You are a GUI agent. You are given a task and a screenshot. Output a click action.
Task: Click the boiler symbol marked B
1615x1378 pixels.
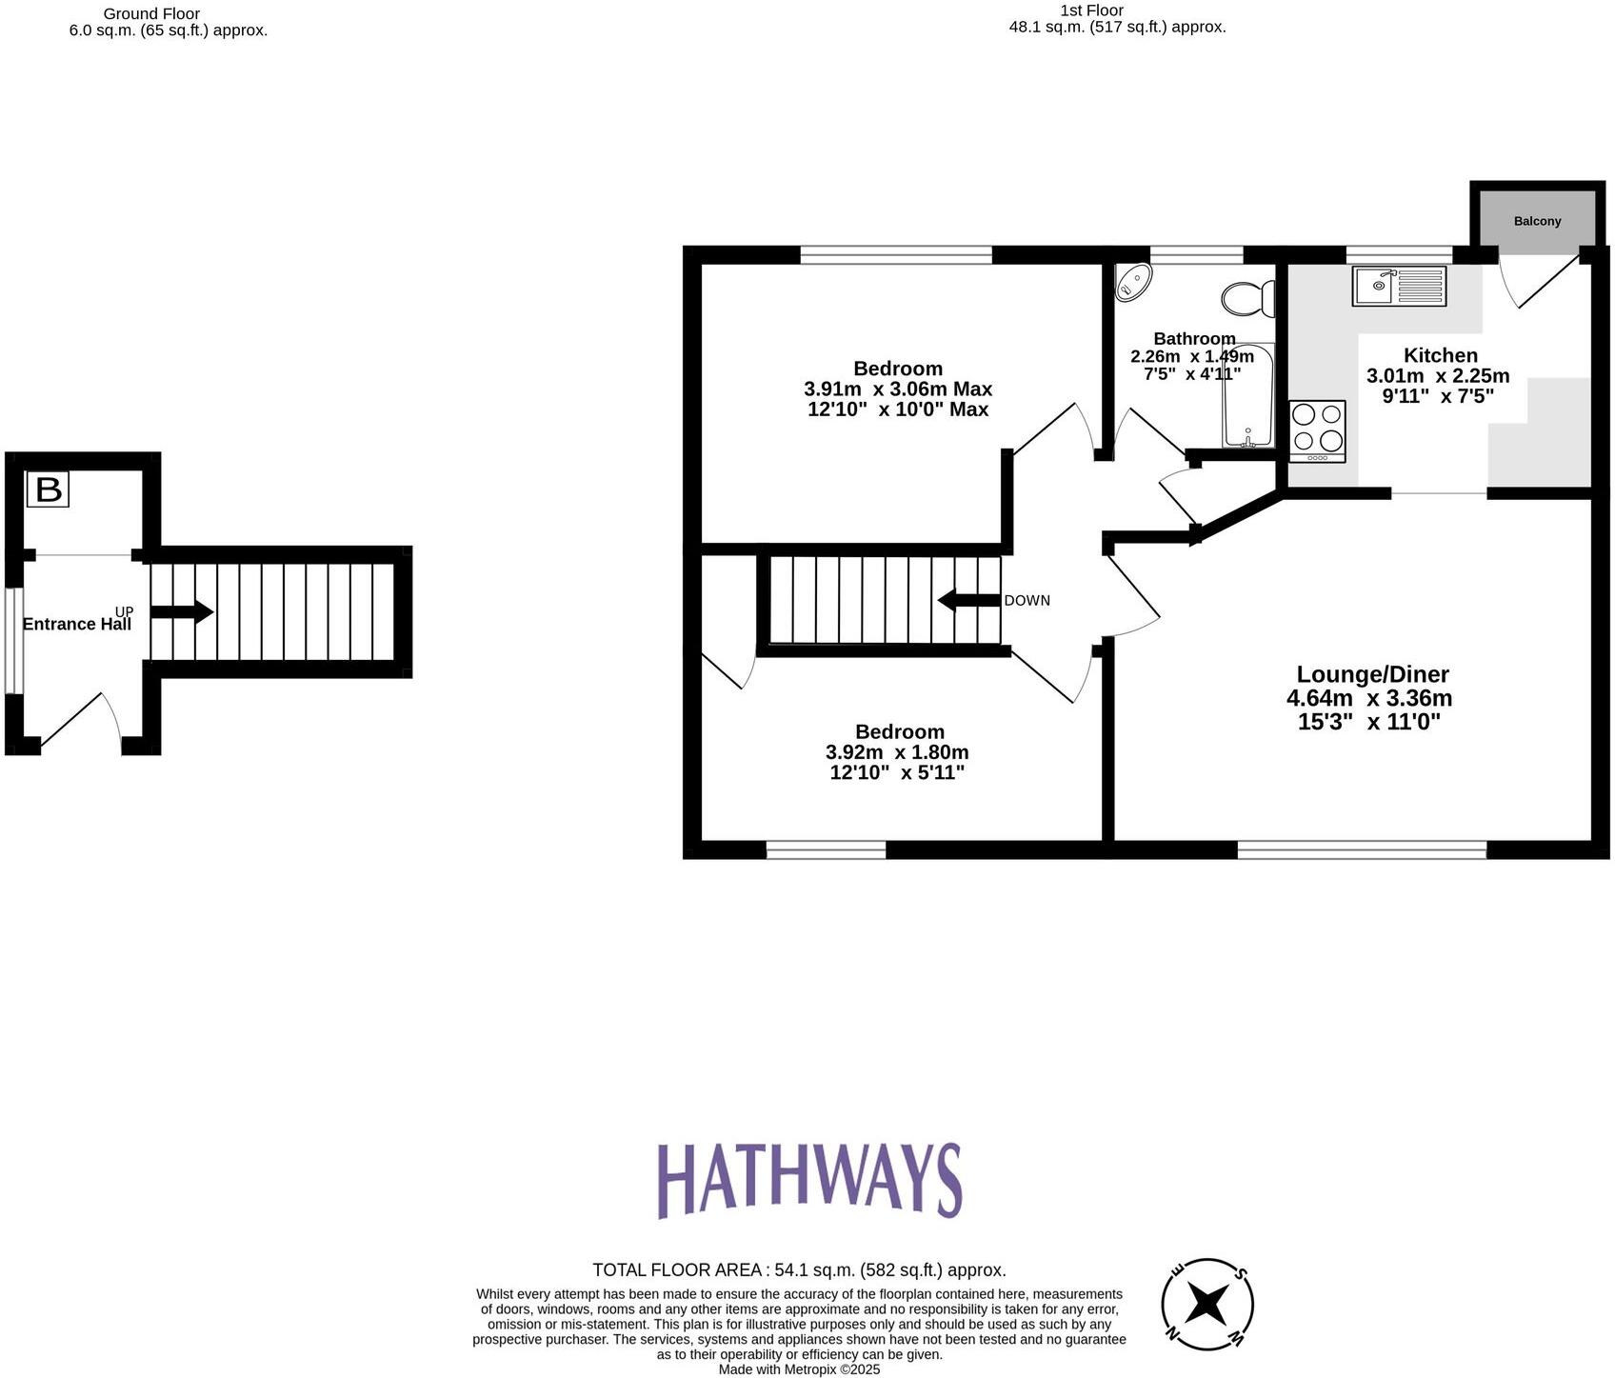[48, 489]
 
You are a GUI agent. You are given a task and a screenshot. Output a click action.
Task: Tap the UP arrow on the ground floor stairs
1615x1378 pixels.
[181, 612]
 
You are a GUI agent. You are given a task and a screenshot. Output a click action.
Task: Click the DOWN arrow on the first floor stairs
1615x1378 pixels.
[969, 601]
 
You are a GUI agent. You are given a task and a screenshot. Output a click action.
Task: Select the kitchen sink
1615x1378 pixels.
[1398, 286]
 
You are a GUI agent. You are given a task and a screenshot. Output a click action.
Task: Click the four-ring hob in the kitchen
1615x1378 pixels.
[1318, 429]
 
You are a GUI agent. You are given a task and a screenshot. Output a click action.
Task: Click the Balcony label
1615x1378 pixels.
[1537, 221]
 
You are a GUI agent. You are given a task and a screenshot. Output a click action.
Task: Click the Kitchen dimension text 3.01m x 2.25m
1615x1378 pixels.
[1438, 375]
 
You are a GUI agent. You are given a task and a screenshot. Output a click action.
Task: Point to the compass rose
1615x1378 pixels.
[1207, 1304]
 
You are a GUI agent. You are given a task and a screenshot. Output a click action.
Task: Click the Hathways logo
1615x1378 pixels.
[808, 1180]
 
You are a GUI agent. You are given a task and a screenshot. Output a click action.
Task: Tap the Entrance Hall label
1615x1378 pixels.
[76, 625]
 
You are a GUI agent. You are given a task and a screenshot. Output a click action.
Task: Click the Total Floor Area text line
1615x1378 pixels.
[799, 1269]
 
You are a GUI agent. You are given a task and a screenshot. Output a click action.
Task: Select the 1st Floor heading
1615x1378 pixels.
[1091, 10]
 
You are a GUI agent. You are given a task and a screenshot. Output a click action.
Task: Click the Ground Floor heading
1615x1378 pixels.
[151, 13]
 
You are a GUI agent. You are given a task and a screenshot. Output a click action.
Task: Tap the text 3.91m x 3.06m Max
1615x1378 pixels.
[898, 389]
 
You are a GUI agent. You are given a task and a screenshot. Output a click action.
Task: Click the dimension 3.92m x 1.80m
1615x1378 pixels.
[897, 752]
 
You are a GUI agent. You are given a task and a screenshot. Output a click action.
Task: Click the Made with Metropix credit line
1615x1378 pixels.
[799, 1369]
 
